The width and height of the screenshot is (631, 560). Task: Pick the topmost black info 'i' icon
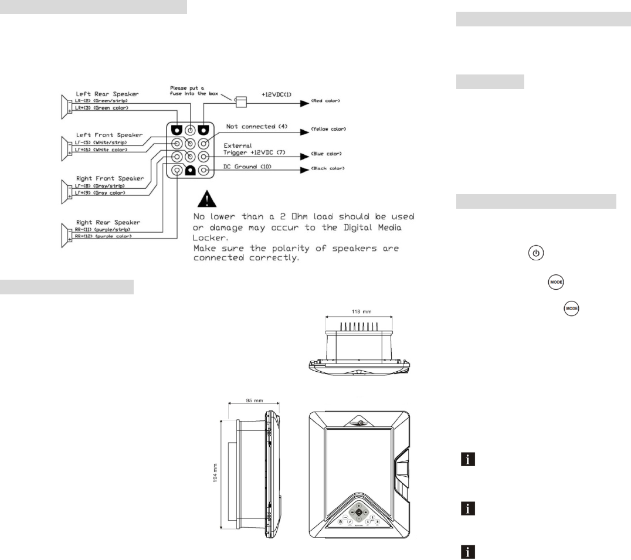pyautogui.click(x=467, y=461)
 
